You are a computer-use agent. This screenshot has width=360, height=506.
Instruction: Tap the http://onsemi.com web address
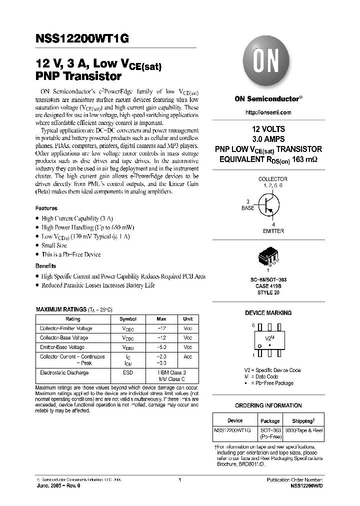click(x=268, y=113)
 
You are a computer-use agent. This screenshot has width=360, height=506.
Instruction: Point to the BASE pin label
click(x=247, y=207)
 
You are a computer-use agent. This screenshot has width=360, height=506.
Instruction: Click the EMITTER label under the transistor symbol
click(x=273, y=231)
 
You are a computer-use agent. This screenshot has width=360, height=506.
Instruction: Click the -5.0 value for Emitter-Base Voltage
click(x=161, y=347)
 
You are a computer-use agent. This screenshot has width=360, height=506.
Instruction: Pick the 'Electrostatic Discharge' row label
click(x=64, y=372)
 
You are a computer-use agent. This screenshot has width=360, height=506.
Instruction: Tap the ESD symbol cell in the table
click(x=127, y=372)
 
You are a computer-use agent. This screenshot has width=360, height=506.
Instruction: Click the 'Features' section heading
click(x=46, y=208)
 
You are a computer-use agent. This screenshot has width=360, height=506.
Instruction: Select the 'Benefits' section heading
click(x=45, y=265)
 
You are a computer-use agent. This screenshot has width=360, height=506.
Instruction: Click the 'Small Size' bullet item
click(x=54, y=245)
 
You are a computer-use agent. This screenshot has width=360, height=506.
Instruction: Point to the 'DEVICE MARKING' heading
click(x=268, y=313)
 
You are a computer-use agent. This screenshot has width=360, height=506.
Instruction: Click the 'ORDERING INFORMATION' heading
click(x=268, y=405)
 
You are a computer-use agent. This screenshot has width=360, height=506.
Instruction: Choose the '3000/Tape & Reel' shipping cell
click(x=303, y=430)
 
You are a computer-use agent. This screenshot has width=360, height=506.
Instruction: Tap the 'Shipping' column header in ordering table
click(x=303, y=420)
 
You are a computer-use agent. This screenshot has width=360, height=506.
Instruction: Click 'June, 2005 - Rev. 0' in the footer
click(x=56, y=485)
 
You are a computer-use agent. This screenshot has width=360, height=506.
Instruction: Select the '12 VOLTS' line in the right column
click(x=268, y=129)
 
